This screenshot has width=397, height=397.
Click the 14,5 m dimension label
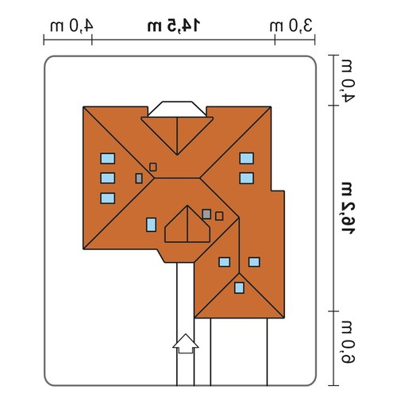tap(174, 26)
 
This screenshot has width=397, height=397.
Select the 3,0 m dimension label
tap(291, 26)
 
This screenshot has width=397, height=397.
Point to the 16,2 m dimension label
tap(347, 208)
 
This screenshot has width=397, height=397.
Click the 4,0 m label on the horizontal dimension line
tap(71, 26)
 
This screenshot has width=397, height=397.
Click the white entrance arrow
tap(186, 344)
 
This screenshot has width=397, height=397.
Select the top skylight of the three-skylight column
tap(107, 158)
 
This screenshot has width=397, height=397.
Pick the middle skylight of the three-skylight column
tap(107, 178)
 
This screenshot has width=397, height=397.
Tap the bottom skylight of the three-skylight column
tap(107, 198)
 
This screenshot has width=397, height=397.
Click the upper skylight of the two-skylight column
tap(246, 158)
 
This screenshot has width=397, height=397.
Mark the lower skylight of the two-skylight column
tap(246, 178)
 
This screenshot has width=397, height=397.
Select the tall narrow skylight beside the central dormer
tap(151, 225)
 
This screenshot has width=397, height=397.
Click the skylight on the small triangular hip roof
tap(239, 287)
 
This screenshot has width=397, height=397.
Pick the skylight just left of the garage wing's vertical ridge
tap(224, 262)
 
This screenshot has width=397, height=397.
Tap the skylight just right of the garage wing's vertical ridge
tap(254, 262)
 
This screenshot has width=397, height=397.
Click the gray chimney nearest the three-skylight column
tap(139, 179)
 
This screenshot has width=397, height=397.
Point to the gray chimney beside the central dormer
tap(206, 214)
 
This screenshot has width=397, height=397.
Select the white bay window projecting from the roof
tap(177, 109)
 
